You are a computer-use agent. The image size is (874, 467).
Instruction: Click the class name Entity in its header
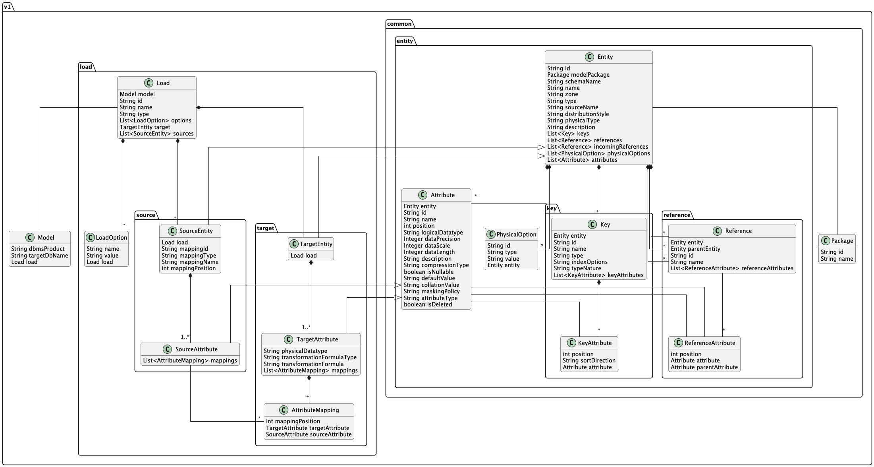pyautogui.click(x=605, y=57)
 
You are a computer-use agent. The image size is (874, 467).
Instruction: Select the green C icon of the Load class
pyautogui.click(x=149, y=83)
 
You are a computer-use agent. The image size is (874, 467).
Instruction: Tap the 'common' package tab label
pyautogui.click(x=399, y=24)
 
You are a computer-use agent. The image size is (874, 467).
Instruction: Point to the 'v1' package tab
pyautogui.click(x=7, y=7)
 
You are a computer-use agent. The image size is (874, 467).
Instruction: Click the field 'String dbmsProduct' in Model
pyautogui.click(x=38, y=249)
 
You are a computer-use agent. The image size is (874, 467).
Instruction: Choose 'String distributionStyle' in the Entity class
pyautogui.click(x=578, y=114)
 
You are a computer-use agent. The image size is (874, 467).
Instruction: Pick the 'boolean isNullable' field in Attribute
pyautogui.click(x=428, y=272)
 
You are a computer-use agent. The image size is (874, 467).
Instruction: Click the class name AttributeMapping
pyautogui.click(x=315, y=410)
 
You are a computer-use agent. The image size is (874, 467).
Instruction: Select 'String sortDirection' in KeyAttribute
pyautogui.click(x=589, y=360)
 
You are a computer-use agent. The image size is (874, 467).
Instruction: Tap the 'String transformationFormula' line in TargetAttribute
pyautogui.click(x=304, y=364)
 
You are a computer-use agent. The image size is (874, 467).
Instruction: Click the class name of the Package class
pyautogui.click(x=842, y=241)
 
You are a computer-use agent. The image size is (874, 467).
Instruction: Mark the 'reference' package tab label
pyautogui.click(x=677, y=215)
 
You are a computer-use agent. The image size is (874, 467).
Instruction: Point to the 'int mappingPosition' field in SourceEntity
pyautogui.click(x=189, y=268)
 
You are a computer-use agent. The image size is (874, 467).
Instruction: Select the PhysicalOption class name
pyautogui.click(x=516, y=234)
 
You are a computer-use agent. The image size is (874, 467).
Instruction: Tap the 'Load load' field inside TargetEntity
pyautogui.click(x=304, y=256)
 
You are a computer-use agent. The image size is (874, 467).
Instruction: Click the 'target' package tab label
pyautogui.click(x=265, y=228)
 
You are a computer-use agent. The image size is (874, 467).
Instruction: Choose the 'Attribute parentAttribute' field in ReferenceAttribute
pyautogui.click(x=704, y=367)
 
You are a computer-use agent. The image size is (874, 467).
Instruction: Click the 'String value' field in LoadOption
pyautogui.click(x=102, y=256)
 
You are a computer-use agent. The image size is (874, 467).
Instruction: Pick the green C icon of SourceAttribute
pyautogui.click(x=168, y=349)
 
